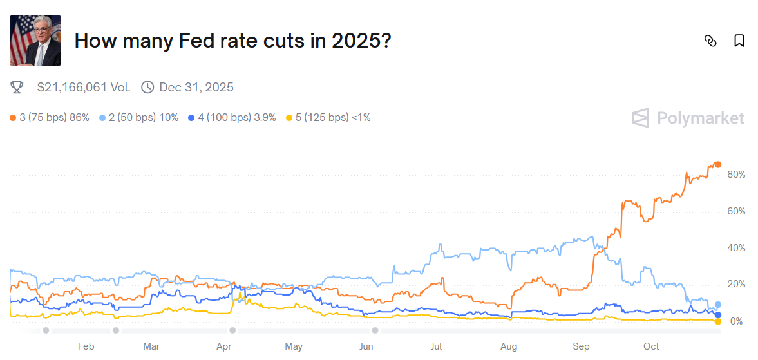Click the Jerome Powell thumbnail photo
click(35, 41)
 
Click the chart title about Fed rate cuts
click(232, 41)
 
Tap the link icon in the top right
click(710, 41)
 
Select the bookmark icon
click(739, 41)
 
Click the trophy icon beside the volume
click(17, 87)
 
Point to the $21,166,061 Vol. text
click(84, 87)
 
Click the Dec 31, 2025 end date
click(196, 87)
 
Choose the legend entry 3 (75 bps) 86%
click(50, 117)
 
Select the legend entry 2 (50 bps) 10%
click(139, 117)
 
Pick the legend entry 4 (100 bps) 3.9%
click(232, 117)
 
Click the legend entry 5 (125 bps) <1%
click(328, 117)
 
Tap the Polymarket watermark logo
click(688, 118)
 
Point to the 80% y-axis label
click(736, 175)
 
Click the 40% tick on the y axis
click(736, 248)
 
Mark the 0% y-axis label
click(738, 321)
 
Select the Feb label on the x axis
click(86, 346)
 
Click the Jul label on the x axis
click(436, 346)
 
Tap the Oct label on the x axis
click(651, 346)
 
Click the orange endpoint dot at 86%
click(718, 164)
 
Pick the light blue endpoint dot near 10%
click(718, 305)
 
